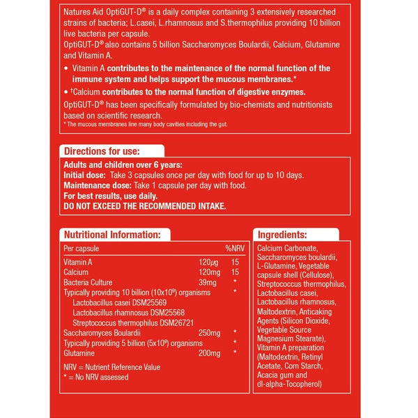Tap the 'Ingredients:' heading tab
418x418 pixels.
282,235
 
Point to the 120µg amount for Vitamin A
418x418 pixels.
199,261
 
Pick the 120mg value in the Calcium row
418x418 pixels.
199,271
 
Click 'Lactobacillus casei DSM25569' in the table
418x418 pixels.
119,302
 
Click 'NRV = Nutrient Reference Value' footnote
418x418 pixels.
111,367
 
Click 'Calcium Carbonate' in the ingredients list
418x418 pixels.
287,248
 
